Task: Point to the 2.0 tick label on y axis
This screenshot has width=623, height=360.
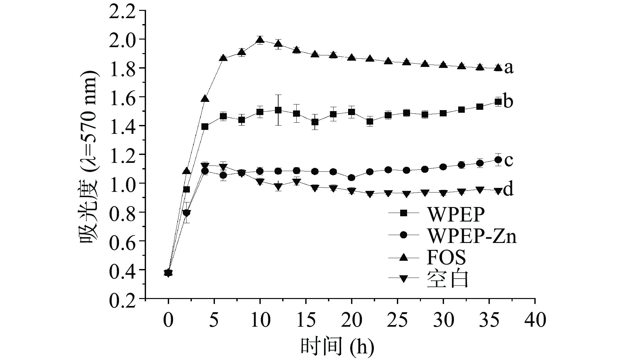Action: pos(123,39)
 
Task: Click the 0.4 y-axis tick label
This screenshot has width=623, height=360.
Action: pos(123,270)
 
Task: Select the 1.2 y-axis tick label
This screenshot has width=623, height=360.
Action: pos(123,154)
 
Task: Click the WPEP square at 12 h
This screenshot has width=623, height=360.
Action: pos(278,110)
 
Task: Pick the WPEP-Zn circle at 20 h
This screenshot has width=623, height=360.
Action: pos(351,178)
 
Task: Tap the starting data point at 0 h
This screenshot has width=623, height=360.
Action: pos(168,273)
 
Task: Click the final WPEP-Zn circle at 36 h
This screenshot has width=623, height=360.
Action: pos(498,160)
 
